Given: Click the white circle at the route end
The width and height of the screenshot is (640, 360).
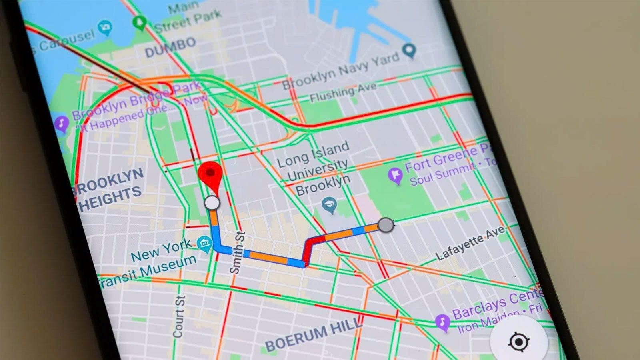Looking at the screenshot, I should (212, 203).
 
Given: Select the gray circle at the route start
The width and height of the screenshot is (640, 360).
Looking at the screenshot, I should (386, 225).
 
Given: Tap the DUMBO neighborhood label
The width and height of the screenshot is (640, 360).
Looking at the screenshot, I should (170, 48).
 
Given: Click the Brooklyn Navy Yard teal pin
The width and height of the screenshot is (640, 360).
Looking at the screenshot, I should (409, 50).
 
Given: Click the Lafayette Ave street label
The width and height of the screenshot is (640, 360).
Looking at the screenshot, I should (470, 244).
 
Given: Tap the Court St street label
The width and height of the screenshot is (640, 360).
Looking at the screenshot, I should (178, 316).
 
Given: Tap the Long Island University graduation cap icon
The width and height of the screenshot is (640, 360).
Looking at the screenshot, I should (330, 205).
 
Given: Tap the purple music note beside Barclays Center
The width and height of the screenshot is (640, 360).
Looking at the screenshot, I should (442, 322).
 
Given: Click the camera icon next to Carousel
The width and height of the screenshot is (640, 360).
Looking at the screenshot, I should (106, 28).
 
